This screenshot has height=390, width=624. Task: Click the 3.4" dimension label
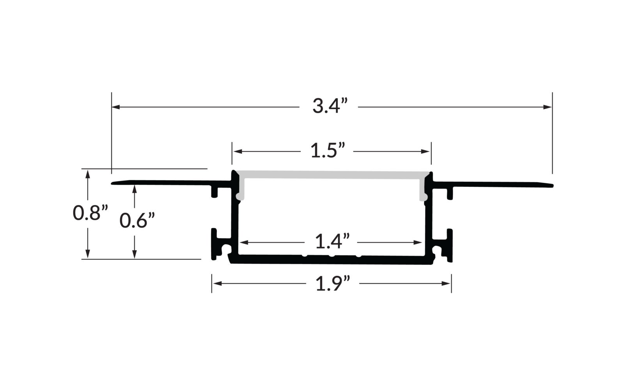coord(330,106)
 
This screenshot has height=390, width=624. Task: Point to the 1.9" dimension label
coord(333,284)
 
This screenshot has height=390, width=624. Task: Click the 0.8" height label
coord(90,213)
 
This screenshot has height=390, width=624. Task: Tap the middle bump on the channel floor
coord(332,256)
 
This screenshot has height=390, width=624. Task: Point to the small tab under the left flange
coord(214,192)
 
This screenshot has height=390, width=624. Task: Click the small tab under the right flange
coord(450,193)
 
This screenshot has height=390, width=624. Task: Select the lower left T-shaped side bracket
coord(215,244)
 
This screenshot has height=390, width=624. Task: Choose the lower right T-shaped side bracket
coord(449,245)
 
